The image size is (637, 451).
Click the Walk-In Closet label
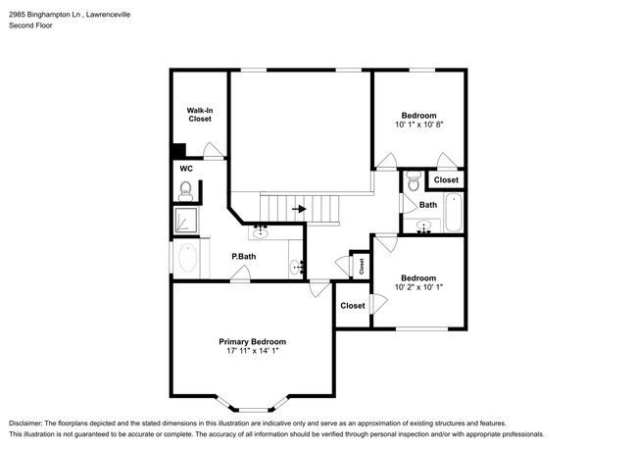point(200,115)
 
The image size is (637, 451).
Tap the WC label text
point(186,169)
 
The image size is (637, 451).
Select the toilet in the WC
point(185,191)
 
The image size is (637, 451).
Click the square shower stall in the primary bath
point(186,221)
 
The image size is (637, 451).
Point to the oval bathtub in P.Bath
point(187,258)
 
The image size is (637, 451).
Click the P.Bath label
point(244,256)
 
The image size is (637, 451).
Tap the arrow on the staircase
point(300,209)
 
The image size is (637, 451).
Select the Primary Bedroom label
point(252,342)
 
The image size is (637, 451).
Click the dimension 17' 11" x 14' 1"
point(252,351)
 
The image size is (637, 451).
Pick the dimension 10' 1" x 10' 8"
point(418,125)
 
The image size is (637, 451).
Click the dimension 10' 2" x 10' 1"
point(418,287)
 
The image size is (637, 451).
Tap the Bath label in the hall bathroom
point(428,205)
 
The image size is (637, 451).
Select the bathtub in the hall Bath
point(454,213)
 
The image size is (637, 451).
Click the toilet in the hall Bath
point(414,180)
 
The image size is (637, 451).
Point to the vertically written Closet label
point(362,267)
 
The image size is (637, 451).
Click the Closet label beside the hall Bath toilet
point(446,179)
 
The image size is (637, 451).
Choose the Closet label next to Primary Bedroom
point(353,306)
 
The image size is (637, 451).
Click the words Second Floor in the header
point(31,25)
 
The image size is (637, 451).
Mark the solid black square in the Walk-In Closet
point(178,150)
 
